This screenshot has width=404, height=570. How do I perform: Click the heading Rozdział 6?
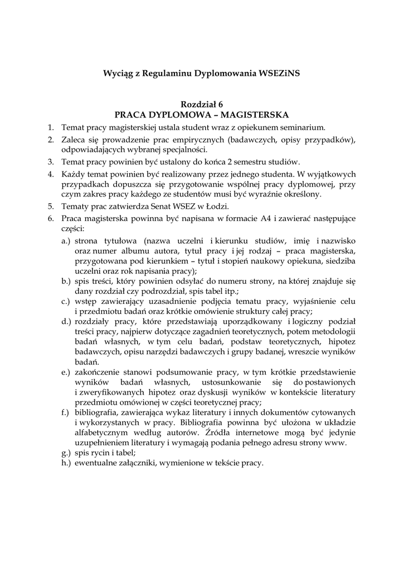click(202, 105)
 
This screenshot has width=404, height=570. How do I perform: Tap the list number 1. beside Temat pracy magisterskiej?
click(50, 127)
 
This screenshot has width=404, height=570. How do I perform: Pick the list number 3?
click(50, 162)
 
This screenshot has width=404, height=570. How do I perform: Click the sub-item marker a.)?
click(66, 241)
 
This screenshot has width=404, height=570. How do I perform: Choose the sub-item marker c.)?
click(66, 301)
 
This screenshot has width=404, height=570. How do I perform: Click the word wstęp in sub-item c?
click(85, 301)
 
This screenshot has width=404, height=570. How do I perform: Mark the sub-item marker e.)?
click(66, 372)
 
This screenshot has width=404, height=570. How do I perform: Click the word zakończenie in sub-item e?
click(99, 372)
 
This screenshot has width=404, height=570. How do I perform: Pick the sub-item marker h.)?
click(66, 463)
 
